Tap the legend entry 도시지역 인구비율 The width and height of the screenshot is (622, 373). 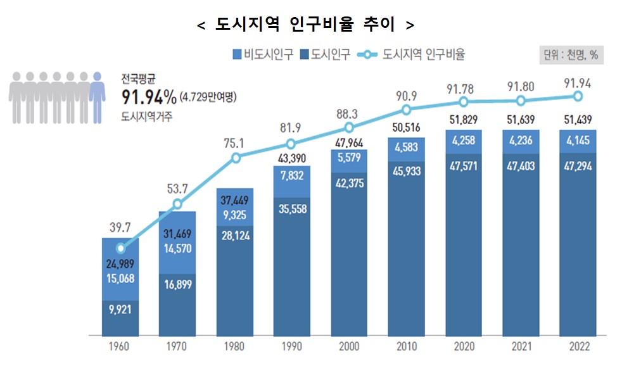pyautogui.click(x=411, y=54)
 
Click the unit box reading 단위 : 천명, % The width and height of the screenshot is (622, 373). pyautogui.click(x=569, y=55)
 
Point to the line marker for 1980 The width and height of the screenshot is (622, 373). pyautogui.click(x=236, y=158)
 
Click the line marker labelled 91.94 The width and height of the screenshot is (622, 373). pyautogui.click(x=578, y=96)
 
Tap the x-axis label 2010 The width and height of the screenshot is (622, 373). pyautogui.click(x=406, y=347)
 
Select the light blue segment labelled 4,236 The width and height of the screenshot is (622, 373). pyautogui.click(x=521, y=141)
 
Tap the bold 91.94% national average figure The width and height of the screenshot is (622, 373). pyautogui.click(x=149, y=96)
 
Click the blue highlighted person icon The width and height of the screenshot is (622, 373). pyautogui.click(x=96, y=96)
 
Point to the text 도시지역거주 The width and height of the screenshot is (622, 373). pyautogui.click(x=146, y=116)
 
